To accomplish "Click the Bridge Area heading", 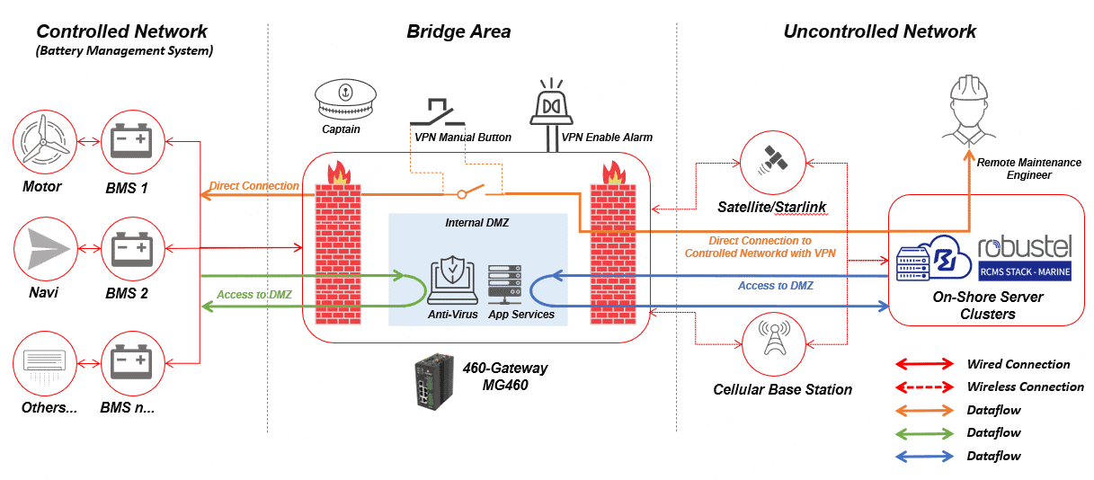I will click(x=458, y=31).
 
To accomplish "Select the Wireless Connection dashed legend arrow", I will click(x=923, y=387).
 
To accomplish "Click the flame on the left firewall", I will click(x=339, y=172).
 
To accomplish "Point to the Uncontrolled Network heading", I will click(x=879, y=31).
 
